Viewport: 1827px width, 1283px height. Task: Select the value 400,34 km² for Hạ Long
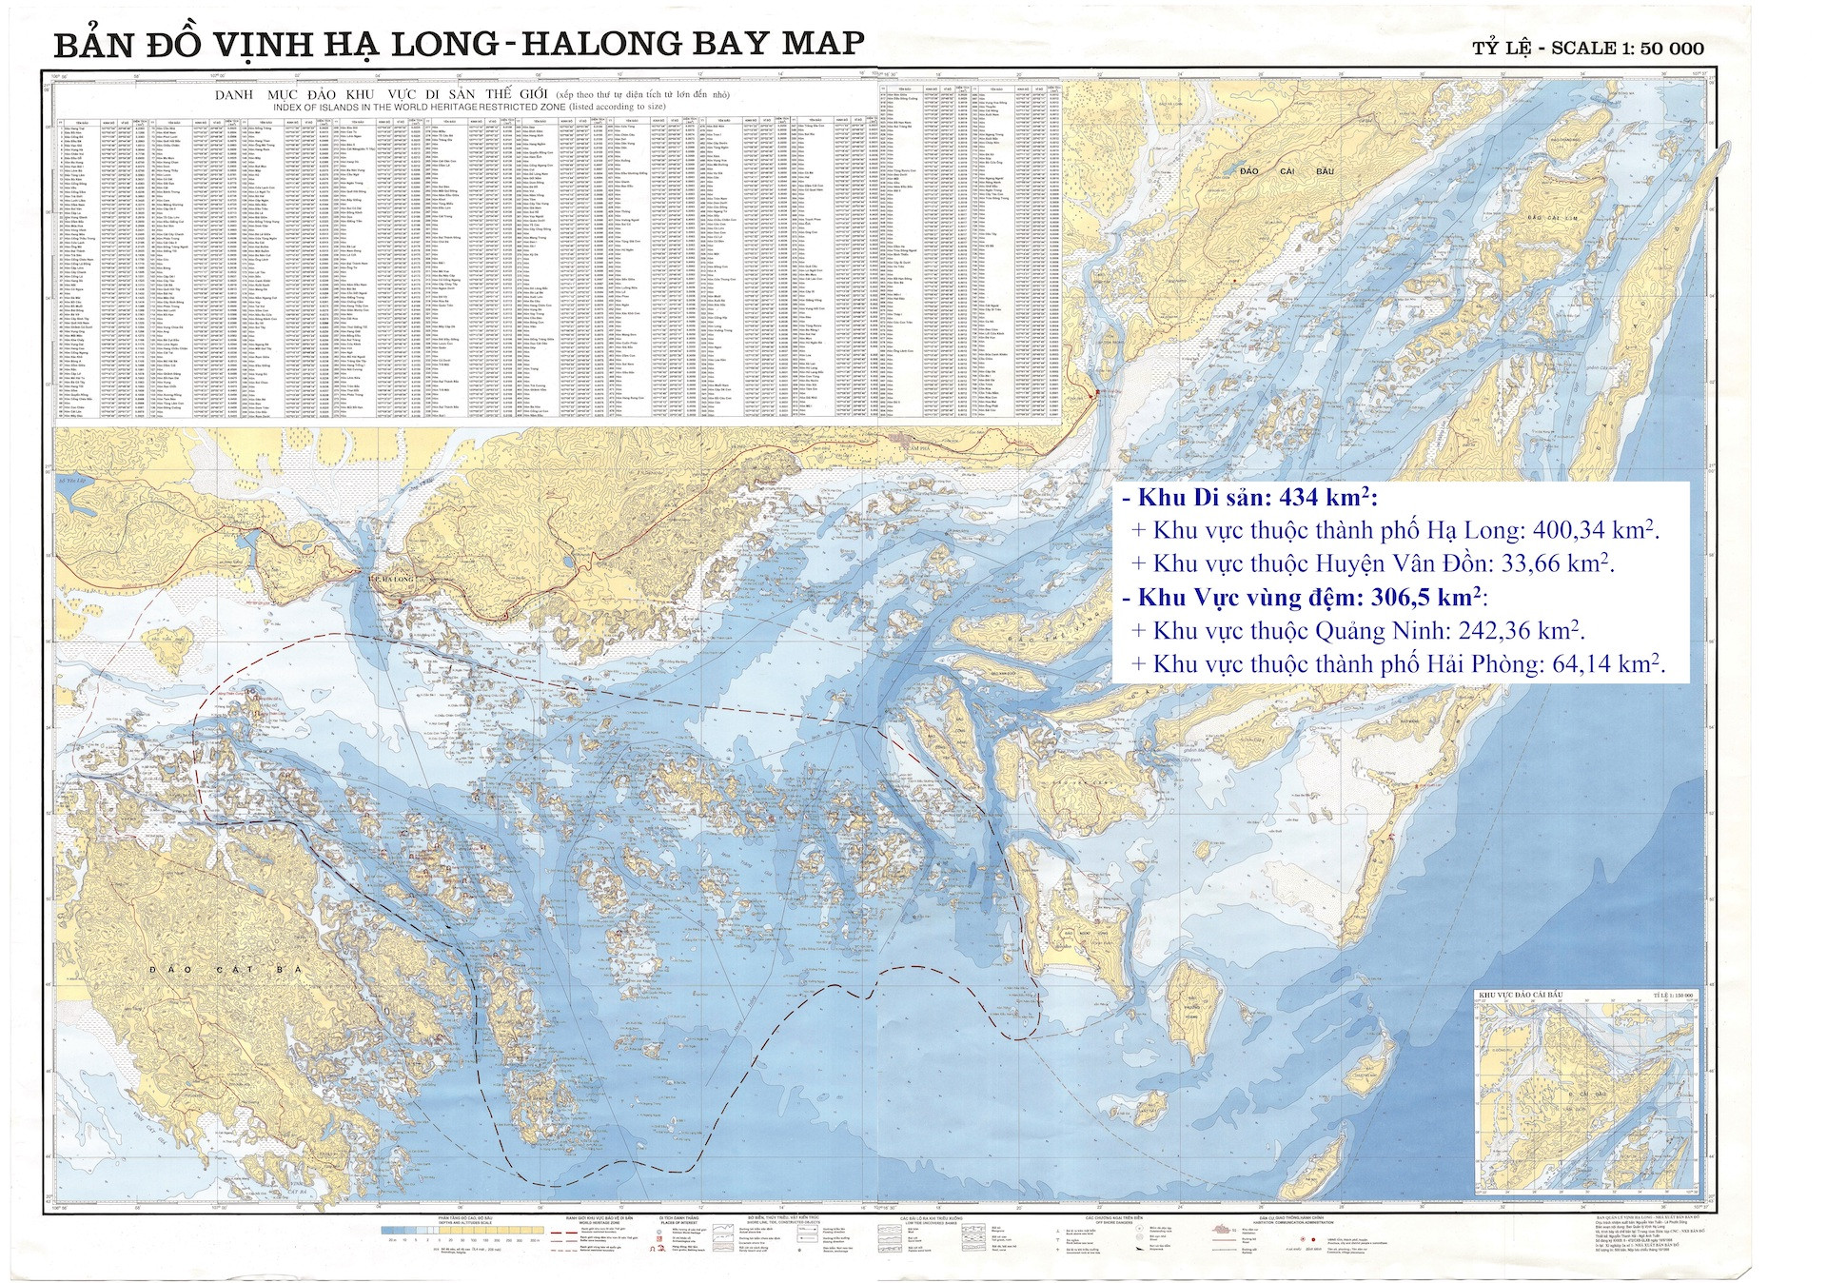point(1598,530)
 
